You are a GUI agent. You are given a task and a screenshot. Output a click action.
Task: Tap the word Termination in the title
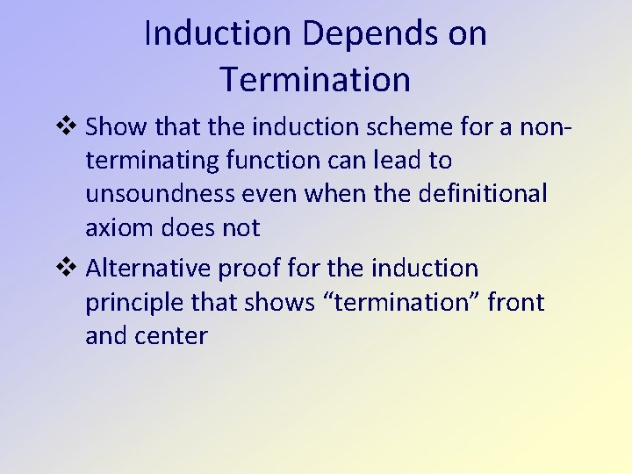(315, 80)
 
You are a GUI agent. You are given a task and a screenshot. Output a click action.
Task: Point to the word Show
(118, 127)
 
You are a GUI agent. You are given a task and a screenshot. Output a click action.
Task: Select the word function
(295, 162)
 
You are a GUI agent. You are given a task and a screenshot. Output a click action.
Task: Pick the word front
(516, 303)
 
